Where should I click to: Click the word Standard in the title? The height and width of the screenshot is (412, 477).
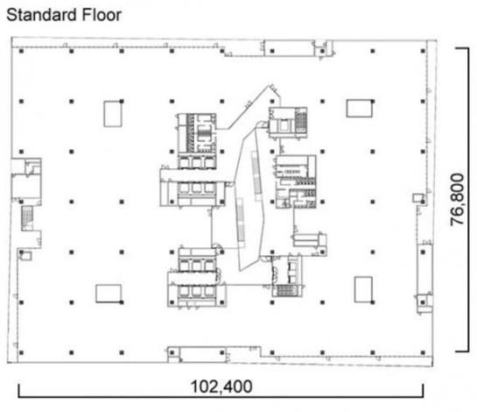[x=41, y=15]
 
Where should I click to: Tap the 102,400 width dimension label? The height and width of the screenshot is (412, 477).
[x=221, y=387]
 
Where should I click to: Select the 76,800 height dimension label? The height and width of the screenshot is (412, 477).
[x=457, y=200]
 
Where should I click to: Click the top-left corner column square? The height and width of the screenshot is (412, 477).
[x=21, y=51]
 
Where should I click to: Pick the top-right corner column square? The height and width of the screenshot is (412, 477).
[x=423, y=51]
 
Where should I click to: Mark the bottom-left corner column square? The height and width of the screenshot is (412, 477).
[x=21, y=352]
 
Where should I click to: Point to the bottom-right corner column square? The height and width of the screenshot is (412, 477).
[x=423, y=352]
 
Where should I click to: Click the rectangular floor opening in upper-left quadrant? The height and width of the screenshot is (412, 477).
[x=113, y=114]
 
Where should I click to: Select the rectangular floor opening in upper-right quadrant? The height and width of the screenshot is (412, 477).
[x=359, y=108]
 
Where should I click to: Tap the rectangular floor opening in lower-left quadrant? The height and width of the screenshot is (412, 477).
[x=109, y=294]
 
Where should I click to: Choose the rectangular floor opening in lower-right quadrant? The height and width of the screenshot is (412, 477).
[x=363, y=289]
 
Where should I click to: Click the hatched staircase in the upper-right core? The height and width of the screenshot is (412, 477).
[x=301, y=121]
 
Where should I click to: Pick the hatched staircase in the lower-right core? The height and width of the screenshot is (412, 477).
[x=284, y=290]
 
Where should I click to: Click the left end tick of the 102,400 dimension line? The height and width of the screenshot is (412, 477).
[x=19, y=390]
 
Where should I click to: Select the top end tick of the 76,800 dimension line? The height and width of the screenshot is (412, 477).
[x=462, y=48]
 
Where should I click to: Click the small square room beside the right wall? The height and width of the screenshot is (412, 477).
[x=417, y=198]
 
